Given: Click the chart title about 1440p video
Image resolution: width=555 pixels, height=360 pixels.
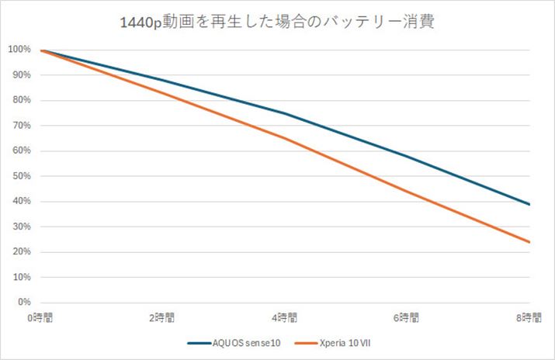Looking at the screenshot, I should click(278, 22).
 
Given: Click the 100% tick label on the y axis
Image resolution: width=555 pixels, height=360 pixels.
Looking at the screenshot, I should click(19, 50).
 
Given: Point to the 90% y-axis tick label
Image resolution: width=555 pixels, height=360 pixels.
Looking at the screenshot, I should click(21, 75).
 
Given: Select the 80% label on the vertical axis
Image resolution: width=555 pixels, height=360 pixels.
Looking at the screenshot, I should click(21, 101).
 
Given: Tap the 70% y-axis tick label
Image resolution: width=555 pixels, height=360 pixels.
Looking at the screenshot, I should click(21, 126).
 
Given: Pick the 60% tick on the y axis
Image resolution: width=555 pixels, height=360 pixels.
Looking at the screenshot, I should click(21, 151).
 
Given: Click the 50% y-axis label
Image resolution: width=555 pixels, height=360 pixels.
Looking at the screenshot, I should click(21, 176).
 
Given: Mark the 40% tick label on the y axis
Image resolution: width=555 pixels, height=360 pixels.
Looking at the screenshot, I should click(21, 202).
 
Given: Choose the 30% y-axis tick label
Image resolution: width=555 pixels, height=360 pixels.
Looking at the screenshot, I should click(21, 227).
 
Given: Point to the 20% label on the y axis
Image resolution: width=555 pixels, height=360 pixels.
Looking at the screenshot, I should click(21, 252).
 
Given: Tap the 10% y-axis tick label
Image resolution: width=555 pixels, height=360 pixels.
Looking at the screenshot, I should click(21, 277).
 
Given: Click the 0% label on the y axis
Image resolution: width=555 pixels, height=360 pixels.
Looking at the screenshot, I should click(23, 303).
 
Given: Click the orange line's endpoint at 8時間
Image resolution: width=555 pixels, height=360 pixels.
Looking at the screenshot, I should click(529, 242).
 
